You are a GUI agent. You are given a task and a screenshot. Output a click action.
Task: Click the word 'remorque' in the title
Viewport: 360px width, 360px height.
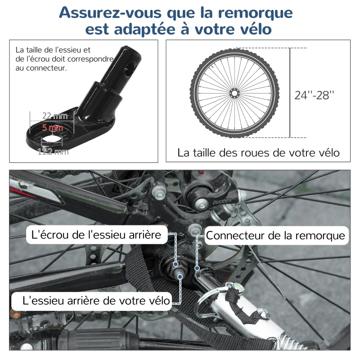pos(253,12)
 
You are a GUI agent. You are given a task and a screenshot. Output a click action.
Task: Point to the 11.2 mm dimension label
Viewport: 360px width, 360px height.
pos(54,152)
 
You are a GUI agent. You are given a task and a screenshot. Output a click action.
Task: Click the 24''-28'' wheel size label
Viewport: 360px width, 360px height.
pos(315,95)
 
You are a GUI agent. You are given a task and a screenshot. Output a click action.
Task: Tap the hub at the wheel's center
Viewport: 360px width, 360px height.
pos(234,93)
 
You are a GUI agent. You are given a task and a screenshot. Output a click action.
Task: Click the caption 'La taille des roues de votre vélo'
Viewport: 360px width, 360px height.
pos(258,153)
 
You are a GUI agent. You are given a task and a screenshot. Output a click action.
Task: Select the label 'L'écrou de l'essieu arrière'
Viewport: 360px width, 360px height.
pos(96,234)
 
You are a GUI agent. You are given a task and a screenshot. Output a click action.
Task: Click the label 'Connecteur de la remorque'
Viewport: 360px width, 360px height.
pos(275,235)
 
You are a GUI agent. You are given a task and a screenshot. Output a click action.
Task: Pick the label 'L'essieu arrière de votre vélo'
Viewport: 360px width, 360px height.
pos(91,300)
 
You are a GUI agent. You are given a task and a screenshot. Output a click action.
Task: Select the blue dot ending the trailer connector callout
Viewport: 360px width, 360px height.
pos(197,268)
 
